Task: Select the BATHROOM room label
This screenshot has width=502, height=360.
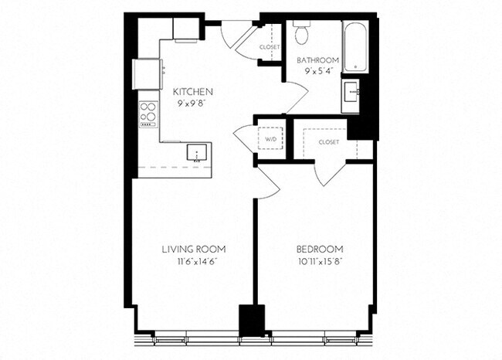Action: click(317, 59)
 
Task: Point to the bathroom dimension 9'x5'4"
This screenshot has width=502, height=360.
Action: click(317, 71)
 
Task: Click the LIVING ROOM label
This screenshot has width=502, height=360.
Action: click(194, 249)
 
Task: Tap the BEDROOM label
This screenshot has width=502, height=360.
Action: click(320, 249)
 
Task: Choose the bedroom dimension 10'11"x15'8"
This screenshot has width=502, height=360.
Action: click(320, 261)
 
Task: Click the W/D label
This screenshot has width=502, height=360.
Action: click(270, 139)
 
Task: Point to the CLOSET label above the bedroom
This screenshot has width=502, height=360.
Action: click(328, 142)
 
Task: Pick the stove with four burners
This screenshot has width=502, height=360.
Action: click(148, 113)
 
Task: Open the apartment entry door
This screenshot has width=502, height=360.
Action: click(236, 32)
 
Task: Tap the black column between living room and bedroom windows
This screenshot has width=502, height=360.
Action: click(251, 320)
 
